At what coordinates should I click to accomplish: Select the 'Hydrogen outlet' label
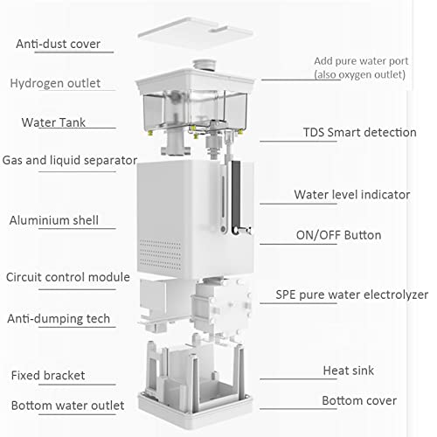click(55, 83)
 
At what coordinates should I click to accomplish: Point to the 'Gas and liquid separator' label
click(70, 160)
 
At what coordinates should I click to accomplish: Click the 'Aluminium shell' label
click(53, 220)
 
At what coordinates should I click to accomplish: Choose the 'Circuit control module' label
click(67, 277)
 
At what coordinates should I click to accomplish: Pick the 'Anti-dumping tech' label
click(59, 318)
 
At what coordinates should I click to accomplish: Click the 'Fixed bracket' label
click(48, 375)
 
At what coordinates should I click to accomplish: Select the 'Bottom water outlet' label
click(67, 406)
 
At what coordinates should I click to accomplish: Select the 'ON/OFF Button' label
click(337, 235)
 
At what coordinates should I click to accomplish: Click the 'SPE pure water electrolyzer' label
click(352, 295)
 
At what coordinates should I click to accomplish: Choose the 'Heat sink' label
click(348, 371)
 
